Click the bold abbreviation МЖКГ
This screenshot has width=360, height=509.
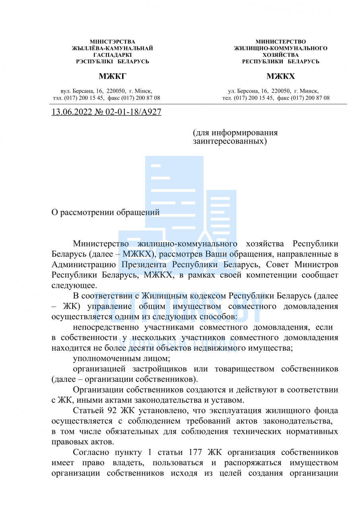pos(112,76)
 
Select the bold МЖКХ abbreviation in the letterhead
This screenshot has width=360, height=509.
pos(280,76)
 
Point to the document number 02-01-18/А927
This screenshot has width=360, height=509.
pos(133,112)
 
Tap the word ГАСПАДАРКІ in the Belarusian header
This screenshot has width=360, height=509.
pos(112,55)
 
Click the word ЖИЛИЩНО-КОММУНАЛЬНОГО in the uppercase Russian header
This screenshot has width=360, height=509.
pos(280,48)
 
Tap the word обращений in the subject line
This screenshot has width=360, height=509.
pos(140,212)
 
